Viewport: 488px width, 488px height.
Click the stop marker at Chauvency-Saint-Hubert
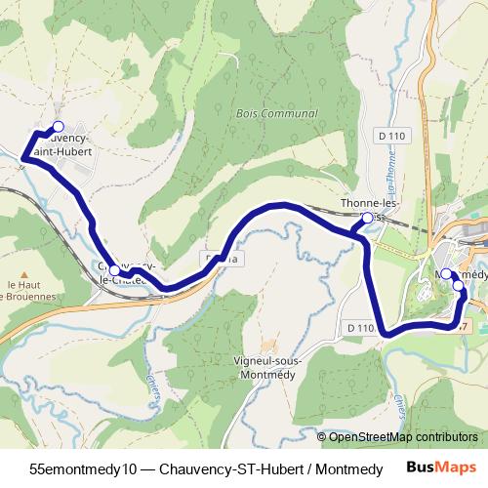click(58, 127)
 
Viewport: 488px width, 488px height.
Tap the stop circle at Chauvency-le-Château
click(114, 270)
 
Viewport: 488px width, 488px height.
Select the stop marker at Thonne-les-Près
click(366, 220)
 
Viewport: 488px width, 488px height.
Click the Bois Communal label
click(277, 114)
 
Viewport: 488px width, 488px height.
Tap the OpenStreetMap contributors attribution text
click(401, 438)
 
